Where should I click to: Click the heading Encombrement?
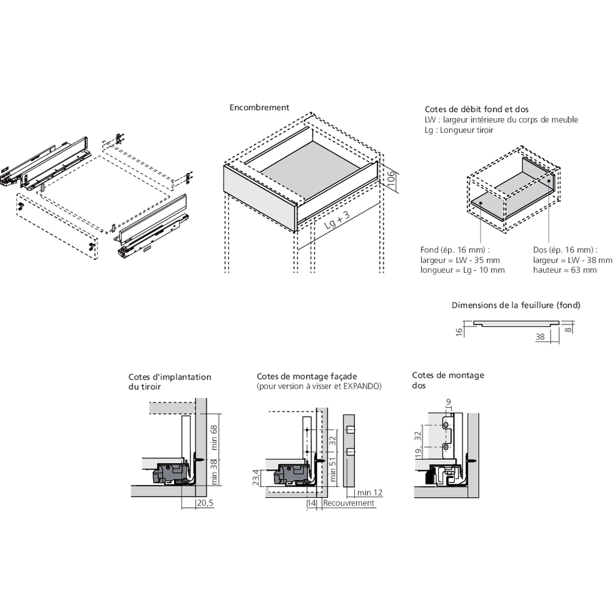point(259,107)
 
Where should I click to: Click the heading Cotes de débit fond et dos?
point(476,109)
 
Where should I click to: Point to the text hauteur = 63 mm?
point(565,270)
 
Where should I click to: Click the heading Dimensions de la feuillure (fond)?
point(516,305)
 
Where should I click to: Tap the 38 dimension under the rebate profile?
point(540,337)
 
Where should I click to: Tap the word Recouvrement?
point(348,503)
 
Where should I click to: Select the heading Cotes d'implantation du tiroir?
point(170,383)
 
